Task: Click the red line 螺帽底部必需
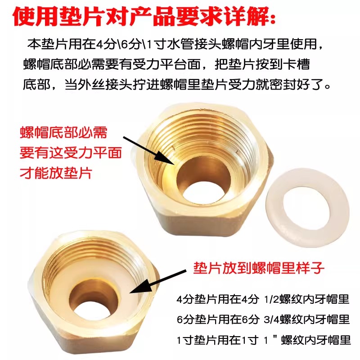(63, 133)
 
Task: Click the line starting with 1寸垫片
(263, 340)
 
